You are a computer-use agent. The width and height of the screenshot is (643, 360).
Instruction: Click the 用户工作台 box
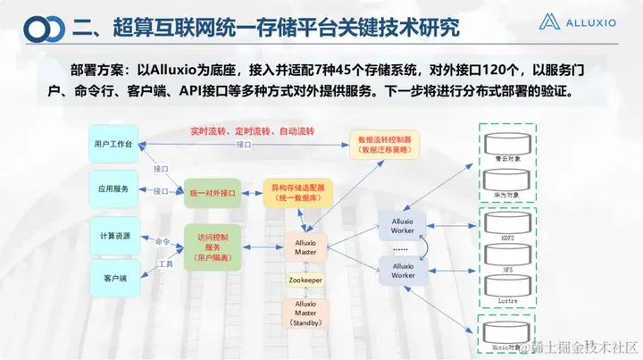point(113,145)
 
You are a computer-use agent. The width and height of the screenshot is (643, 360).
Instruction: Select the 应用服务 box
point(113,189)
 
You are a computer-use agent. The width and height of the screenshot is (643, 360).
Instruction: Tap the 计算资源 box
point(113,235)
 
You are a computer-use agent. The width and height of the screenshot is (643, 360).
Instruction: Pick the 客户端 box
point(113,279)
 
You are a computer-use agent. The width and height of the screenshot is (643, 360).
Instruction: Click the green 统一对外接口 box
point(213,191)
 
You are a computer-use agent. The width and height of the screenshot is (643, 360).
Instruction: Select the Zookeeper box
point(305,280)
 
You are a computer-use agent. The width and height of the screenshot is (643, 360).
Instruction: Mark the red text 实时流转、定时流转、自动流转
point(252,130)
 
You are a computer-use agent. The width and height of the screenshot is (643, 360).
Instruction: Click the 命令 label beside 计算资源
point(162,241)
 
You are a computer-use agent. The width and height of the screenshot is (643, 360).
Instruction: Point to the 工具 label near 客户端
point(165,264)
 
